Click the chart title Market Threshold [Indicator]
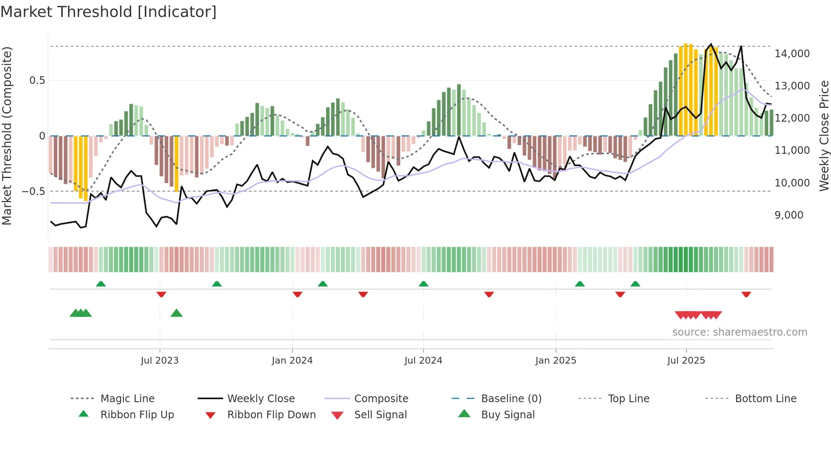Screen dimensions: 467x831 coord(109,12)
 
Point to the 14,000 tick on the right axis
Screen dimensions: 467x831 coord(792,54)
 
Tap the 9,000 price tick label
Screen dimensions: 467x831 coord(789,215)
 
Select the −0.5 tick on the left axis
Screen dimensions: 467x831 coord(33,192)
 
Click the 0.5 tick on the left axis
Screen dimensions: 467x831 coord(37,81)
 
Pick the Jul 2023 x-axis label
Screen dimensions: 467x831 coord(159,361)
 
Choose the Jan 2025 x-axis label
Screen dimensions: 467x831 coord(555,361)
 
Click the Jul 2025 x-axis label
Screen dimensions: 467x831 coord(686,361)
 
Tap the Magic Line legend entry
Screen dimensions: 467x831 coord(127,399)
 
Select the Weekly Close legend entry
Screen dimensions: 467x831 coord(261,399)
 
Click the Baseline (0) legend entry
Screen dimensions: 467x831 coord(511,399)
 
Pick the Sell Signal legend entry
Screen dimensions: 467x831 coord(380,415)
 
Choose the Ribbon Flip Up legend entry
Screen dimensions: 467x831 coord(137,415)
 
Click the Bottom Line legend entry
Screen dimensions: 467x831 coord(765,399)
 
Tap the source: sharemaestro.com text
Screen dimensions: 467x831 coord(739,332)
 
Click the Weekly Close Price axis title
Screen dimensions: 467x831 coord(824,136)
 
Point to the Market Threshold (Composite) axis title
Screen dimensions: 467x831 coord(7,136)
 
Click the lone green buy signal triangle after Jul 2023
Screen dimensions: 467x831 coord(176,313)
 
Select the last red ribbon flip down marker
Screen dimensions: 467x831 coord(746,294)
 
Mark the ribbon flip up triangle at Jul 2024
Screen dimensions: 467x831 coord(423,284)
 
